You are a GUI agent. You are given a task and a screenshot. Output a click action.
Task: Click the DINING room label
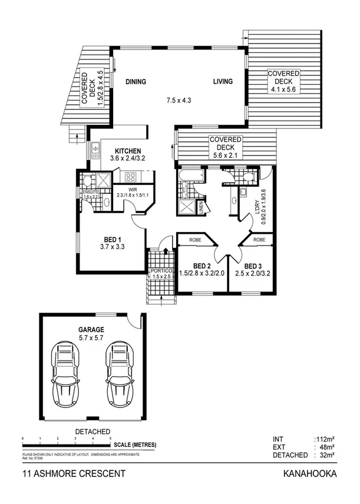[136, 82]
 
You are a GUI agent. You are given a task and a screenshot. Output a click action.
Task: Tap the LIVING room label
[223, 82]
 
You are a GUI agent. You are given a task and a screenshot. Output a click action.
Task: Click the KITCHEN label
[127, 151]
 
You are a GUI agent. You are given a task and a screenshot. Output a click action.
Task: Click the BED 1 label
[113, 239]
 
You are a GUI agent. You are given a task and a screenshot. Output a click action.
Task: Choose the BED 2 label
[203, 266]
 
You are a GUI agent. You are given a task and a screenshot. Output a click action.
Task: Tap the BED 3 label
[253, 266]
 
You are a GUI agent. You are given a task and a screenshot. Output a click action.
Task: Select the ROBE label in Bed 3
[259, 240]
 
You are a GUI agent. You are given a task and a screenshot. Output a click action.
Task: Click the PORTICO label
[161, 271]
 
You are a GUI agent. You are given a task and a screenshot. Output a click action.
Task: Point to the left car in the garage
[66, 374]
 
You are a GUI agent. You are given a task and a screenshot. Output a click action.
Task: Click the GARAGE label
[91, 330]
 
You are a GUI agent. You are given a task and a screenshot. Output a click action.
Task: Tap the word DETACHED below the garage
[93, 432]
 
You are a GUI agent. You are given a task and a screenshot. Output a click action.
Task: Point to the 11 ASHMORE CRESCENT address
[65, 473]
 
